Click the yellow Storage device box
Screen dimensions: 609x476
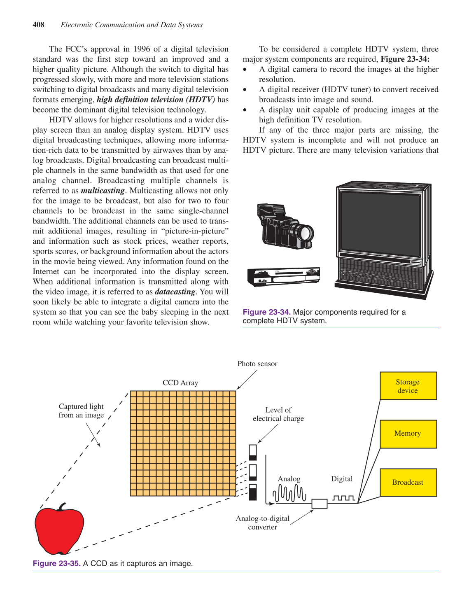point(408,386)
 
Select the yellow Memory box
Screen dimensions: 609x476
point(408,434)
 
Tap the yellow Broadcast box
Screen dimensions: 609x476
point(408,482)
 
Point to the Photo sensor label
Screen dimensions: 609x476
point(257,364)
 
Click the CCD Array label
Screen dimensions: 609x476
point(180,383)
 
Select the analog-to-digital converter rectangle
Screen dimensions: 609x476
point(319,503)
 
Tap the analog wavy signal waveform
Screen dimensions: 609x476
point(290,493)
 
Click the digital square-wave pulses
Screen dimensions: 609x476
point(343,498)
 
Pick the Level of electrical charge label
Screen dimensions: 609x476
point(278,414)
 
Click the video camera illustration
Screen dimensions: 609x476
point(285,226)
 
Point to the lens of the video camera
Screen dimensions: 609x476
point(305,233)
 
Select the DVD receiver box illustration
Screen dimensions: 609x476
point(284,277)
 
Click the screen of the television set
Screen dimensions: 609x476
point(380,222)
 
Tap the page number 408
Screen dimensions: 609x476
point(38,25)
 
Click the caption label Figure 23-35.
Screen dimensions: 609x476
point(56,563)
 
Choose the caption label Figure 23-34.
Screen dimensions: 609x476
point(266,312)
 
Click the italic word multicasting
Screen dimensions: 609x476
point(103,191)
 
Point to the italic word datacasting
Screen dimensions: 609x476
point(175,292)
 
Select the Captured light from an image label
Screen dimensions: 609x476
point(81,411)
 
